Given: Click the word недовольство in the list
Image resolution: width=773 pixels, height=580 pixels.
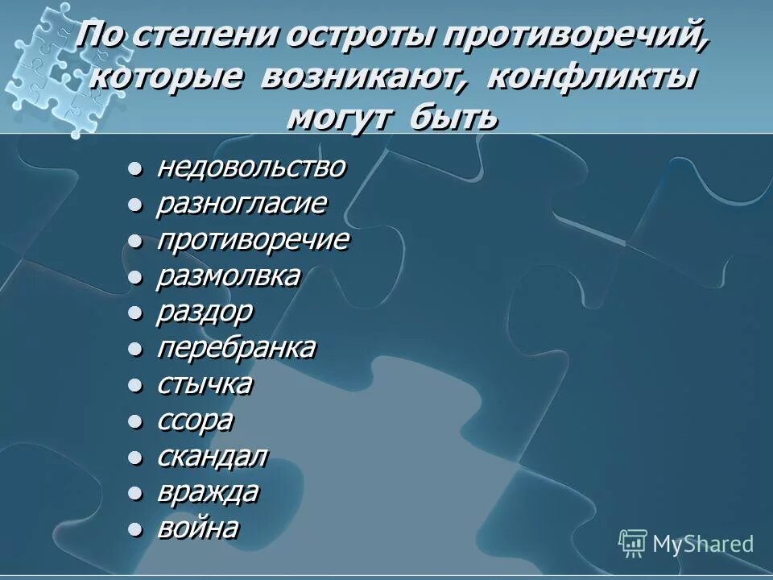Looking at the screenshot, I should point(250,168).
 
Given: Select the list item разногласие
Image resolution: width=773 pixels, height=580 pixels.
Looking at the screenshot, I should point(241,204).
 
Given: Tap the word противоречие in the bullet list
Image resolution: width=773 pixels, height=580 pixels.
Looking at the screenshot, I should point(252,240).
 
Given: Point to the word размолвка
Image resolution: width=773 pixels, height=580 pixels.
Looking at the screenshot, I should point(228,276).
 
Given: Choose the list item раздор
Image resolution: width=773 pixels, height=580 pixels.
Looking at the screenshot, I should point(205,313).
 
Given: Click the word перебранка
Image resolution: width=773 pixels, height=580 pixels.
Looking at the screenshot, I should point(235,349).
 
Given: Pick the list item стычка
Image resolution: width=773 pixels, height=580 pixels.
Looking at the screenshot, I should point(204,385).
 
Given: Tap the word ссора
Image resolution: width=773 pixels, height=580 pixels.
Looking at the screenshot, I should point(195,420).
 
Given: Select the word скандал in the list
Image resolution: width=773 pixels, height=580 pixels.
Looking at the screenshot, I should point(211,457).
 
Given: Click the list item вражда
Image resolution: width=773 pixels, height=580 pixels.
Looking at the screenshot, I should point(207,493).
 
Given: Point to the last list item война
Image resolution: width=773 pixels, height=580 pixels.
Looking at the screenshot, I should point(197,528).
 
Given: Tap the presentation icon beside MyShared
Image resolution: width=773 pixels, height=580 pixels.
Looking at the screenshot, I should point(633,543).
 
